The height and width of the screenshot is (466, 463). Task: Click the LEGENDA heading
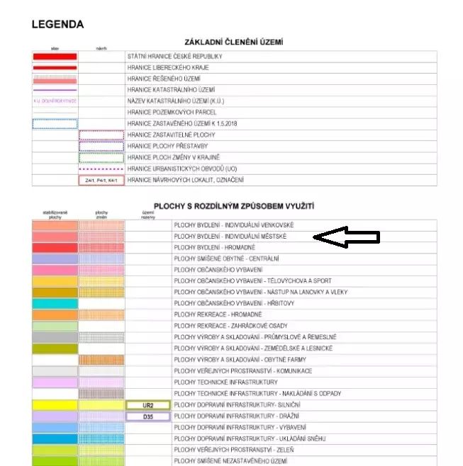(57, 25)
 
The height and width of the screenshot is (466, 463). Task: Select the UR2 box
(148, 405)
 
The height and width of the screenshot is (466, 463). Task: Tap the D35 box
(148, 416)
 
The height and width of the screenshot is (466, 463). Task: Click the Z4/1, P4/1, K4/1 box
(101, 181)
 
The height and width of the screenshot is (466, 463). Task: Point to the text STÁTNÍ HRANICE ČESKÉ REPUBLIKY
(175, 56)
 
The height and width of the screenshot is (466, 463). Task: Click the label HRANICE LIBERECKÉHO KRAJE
(168, 67)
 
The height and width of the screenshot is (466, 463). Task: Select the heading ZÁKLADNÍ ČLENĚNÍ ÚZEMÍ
(233, 42)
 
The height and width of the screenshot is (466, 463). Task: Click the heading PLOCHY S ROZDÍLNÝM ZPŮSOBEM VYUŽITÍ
(233, 206)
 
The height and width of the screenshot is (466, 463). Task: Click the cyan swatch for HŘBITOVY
(55, 303)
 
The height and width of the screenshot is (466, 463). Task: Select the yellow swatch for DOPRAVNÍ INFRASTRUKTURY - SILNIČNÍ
(55, 405)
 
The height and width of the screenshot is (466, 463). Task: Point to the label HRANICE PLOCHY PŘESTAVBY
(167, 147)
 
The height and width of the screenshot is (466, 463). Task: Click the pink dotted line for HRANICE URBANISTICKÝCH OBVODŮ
(101, 169)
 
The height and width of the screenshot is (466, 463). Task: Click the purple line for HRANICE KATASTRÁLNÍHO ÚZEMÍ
(55, 90)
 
